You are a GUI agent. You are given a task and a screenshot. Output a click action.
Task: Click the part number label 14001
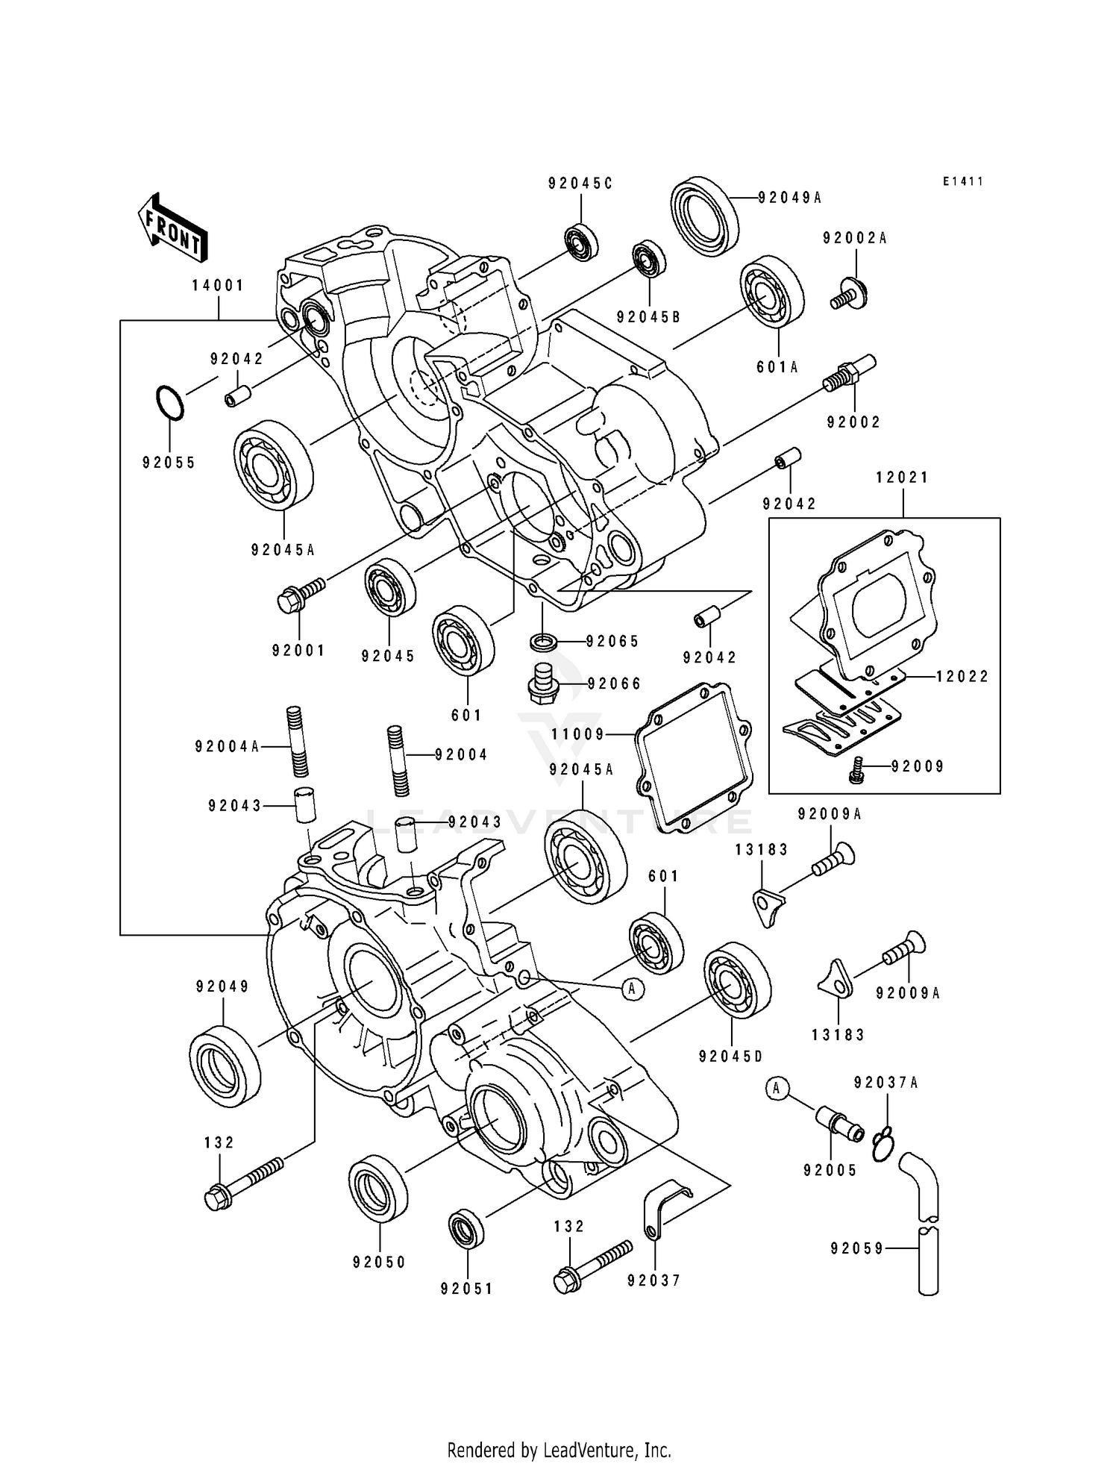click(218, 285)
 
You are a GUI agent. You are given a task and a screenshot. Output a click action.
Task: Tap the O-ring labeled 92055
click(169, 403)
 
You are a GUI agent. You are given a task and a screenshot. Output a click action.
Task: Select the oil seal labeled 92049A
click(704, 212)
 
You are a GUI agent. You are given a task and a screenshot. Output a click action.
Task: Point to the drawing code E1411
click(962, 181)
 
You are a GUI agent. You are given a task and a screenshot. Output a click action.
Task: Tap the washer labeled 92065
click(543, 640)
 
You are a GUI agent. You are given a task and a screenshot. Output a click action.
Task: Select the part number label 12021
click(902, 478)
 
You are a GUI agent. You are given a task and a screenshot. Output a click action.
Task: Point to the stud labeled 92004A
click(295, 745)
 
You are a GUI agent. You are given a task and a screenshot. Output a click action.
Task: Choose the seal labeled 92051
click(466, 1230)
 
